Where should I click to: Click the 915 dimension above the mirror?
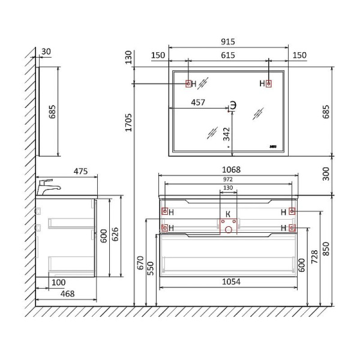coord(228,41)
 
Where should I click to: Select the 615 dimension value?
coord(228,55)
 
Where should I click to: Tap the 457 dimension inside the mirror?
coord(198,103)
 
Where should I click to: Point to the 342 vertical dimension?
coord(226,134)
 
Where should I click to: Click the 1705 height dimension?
coord(128,122)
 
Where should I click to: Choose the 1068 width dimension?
coord(231,170)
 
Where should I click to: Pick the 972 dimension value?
coord(228,179)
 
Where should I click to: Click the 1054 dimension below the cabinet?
coord(231,282)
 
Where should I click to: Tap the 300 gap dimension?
coord(326,174)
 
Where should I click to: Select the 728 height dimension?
coord(314,257)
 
